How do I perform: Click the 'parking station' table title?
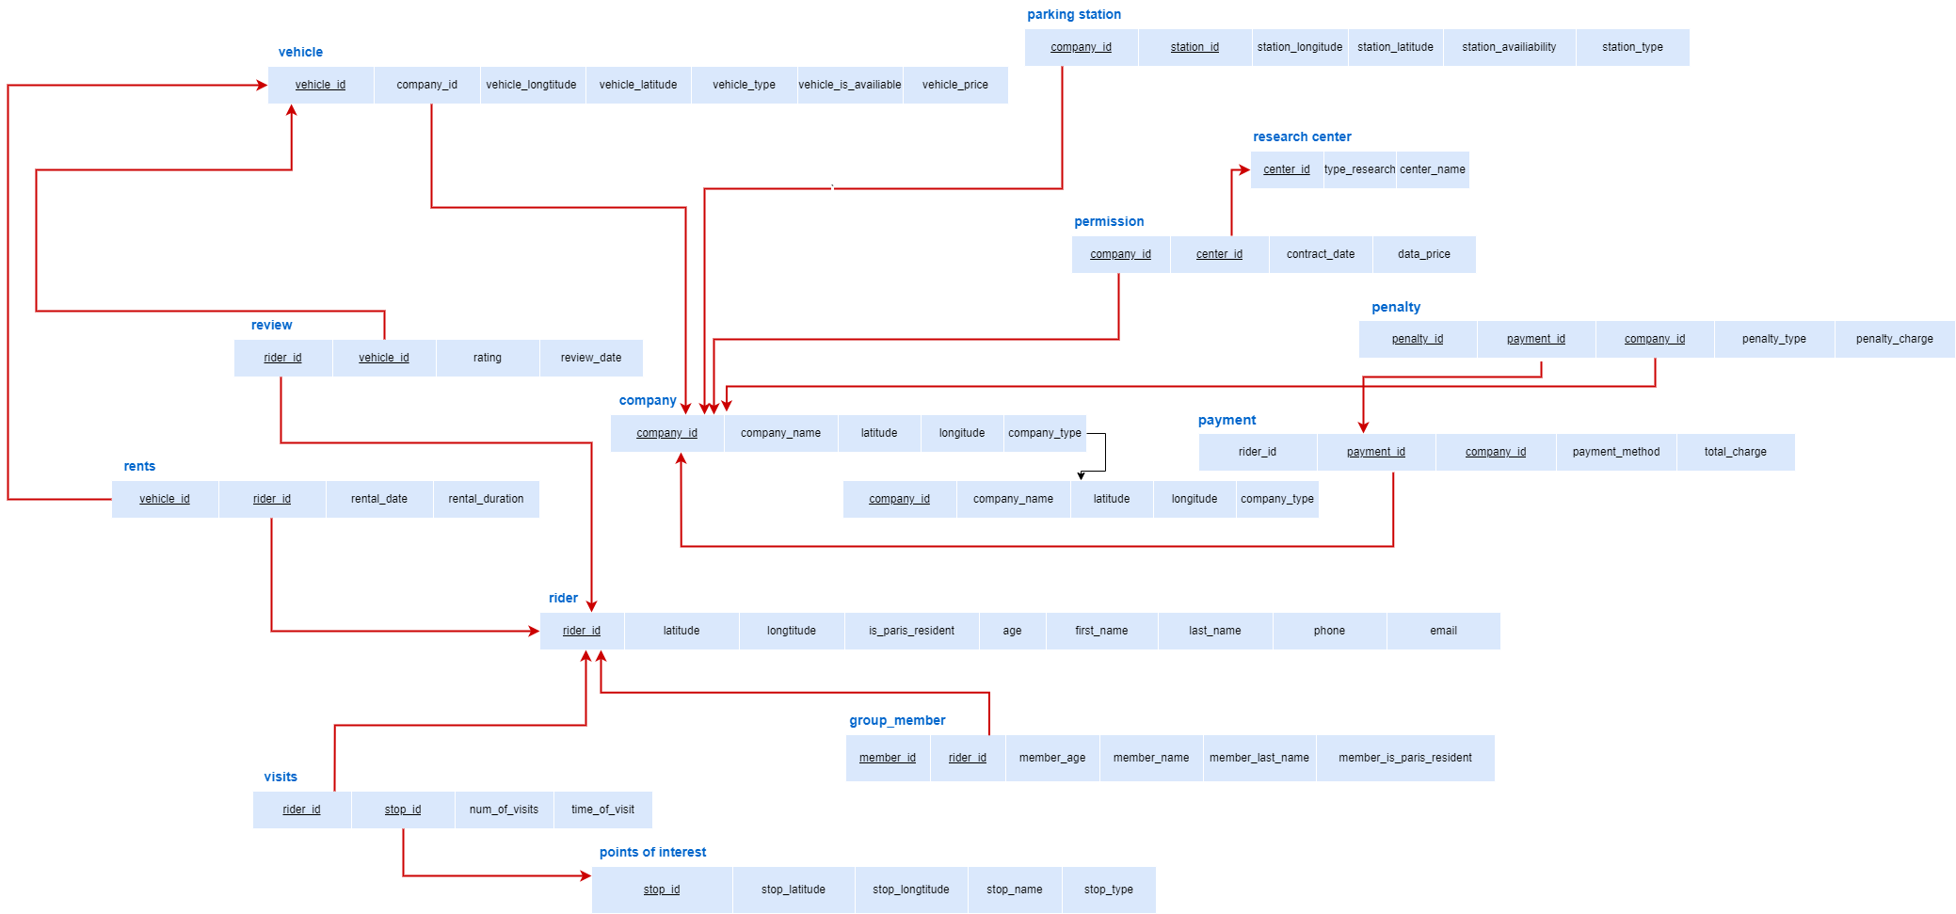(1073, 15)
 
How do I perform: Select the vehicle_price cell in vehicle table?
(954, 85)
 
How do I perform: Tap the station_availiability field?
(1508, 47)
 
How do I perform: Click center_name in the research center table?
(1432, 169)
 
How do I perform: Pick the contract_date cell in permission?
(1320, 254)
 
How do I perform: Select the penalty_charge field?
(1894, 339)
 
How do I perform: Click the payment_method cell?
(1615, 452)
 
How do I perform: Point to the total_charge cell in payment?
(1734, 452)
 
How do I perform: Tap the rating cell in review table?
(487, 358)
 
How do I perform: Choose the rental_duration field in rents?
(486, 499)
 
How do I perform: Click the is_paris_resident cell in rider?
(910, 631)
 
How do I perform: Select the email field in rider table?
(1442, 631)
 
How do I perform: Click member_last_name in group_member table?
(1259, 758)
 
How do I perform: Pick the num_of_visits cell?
(504, 810)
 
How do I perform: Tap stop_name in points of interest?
(1014, 890)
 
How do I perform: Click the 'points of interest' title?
(652, 853)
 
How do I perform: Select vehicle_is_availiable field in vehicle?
(849, 85)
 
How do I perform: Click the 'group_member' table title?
(896, 721)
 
